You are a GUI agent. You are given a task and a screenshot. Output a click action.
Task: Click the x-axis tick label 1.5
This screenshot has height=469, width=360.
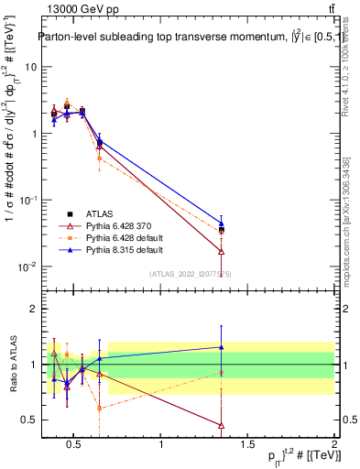pos(248,446)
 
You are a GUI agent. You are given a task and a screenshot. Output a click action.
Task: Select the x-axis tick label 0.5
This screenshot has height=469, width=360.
pos(76,446)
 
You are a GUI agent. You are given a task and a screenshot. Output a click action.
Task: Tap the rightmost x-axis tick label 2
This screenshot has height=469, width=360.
pos(333,446)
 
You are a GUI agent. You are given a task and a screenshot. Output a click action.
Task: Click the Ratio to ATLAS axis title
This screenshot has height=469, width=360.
pos(12,364)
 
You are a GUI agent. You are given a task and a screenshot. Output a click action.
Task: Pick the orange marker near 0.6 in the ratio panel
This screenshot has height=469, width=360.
pos(99,409)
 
